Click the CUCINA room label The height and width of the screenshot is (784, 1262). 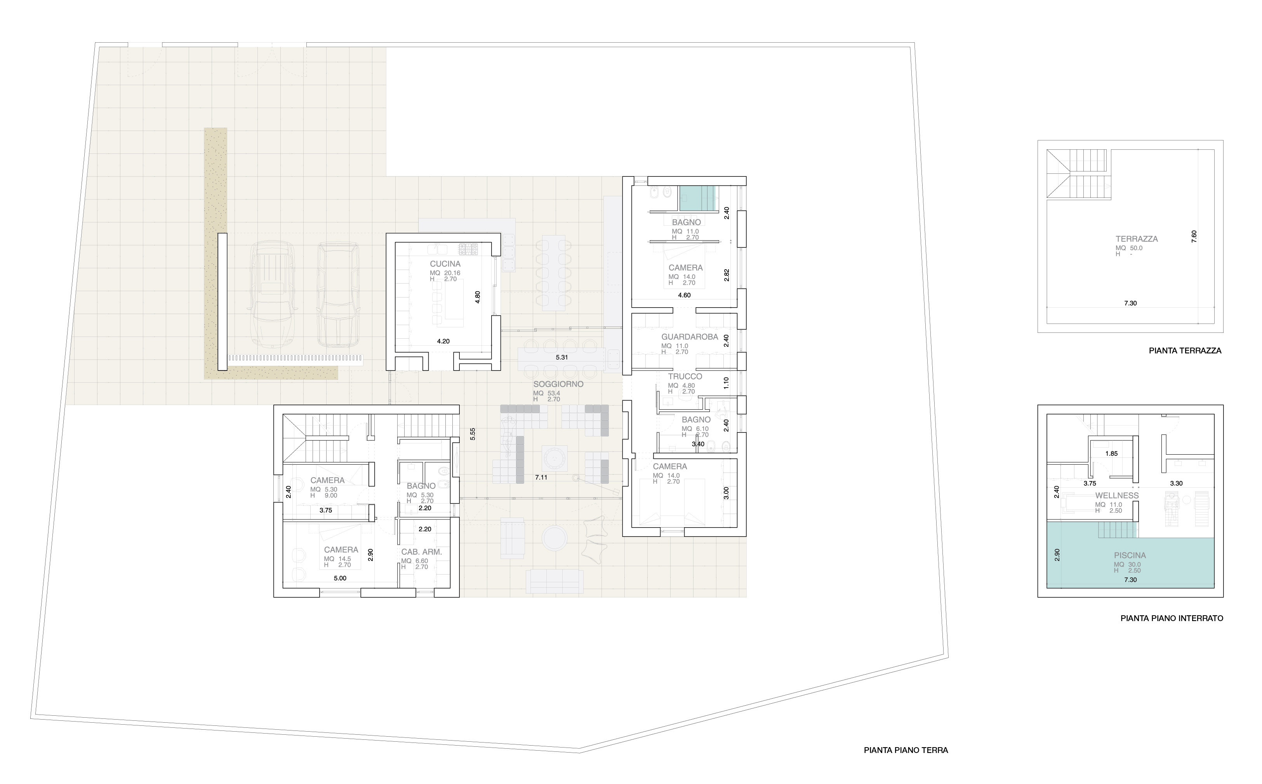tap(445, 264)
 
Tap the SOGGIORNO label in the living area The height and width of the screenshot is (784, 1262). tap(558, 384)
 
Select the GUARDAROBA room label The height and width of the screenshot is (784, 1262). tap(689, 337)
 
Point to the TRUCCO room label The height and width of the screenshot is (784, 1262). tap(685, 376)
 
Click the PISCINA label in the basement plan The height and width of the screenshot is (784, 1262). tap(1130, 556)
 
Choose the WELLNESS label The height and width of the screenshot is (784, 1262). tap(1117, 496)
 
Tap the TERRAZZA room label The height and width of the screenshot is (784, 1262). tap(1137, 239)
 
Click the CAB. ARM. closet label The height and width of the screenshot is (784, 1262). tap(421, 552)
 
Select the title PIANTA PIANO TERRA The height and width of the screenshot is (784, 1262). tap(906, 750)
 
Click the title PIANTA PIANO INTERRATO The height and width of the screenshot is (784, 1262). tap(1172, 618)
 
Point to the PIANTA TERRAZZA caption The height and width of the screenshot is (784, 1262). tap(1185, 351)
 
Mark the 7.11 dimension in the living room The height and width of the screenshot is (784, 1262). tap(541, 478)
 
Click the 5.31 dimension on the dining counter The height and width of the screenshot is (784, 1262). tap(561, 357)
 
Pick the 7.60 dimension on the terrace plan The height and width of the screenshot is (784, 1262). tap(1194, 237)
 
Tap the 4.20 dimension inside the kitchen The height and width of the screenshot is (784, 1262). tap(443, 341)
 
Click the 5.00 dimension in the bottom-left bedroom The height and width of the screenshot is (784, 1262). tap(340, 578)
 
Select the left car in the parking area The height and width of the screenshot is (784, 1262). tap(273, 294)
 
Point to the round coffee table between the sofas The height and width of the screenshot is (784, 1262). tap(554, 538)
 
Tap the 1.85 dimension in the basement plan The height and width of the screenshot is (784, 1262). tap(1111, 454)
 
